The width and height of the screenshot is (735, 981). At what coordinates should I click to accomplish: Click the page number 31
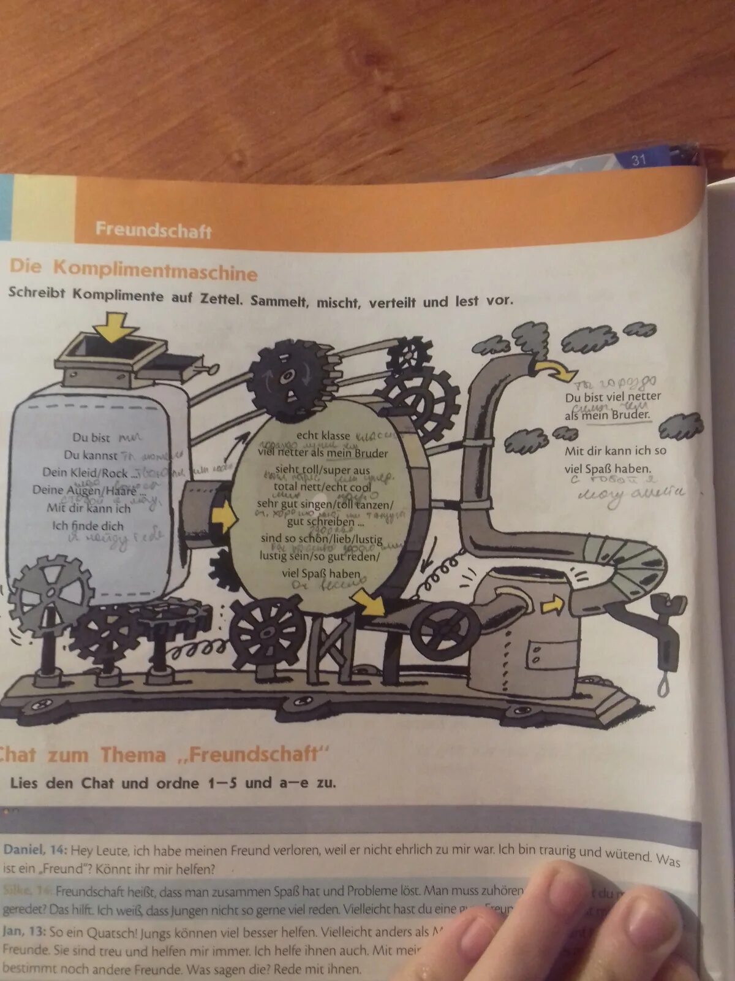coord(639,160)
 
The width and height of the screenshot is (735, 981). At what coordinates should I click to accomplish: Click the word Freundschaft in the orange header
coord(153,231)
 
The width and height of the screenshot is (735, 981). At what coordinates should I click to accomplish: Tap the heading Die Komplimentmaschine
coord(133,270)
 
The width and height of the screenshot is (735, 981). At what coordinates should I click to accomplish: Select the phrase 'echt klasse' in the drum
coord(323,436)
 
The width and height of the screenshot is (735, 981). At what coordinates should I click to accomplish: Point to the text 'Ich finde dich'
coord(88,525)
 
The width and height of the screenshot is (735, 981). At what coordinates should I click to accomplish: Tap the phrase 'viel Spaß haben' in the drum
coord(321,574)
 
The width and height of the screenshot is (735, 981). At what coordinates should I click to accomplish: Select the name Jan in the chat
coord(13,931)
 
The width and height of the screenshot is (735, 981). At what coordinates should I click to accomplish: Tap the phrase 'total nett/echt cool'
coord(322,487)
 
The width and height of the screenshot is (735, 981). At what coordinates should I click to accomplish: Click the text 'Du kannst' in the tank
coord(91,455)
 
